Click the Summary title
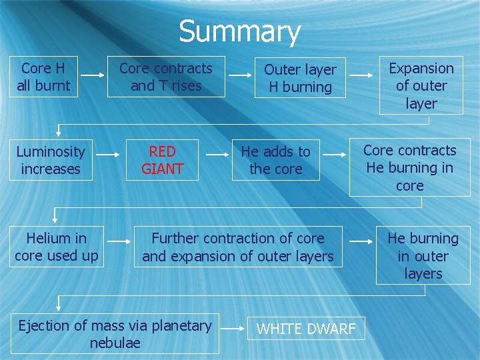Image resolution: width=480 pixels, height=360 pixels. coord(239,31)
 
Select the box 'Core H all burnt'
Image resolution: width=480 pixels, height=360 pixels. coord(43,77)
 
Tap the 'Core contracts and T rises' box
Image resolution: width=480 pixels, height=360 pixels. coord(166,77)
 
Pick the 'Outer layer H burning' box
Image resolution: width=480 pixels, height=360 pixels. coord(300,78)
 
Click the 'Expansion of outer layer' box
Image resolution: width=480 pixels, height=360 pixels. coord(421,85)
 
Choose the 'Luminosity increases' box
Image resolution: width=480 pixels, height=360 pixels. coord(51,161)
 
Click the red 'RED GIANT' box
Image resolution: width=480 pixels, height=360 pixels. coord(162,161)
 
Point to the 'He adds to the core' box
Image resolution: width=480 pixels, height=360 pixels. coord(276,161)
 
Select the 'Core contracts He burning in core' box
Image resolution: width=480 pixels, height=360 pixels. coord(409,167)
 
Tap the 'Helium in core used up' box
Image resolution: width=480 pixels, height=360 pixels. coord(57,247)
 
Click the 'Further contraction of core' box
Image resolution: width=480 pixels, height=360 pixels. coord(238,247)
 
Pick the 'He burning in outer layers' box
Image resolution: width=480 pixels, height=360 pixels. coord(423,255)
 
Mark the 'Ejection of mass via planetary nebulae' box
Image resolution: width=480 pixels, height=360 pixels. coord(115,334)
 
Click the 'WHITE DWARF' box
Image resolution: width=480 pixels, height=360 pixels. coord(307,329)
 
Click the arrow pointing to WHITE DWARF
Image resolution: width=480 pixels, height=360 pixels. coord(233,329)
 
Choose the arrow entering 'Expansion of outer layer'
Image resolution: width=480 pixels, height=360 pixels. coord(363,77)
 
